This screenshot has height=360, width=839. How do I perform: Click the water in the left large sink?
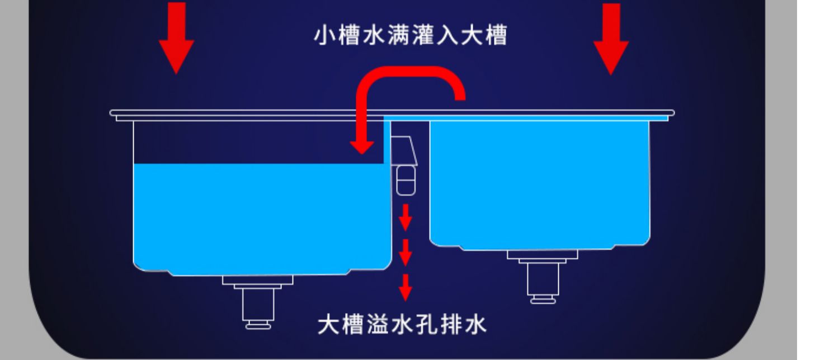pos(260,218)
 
